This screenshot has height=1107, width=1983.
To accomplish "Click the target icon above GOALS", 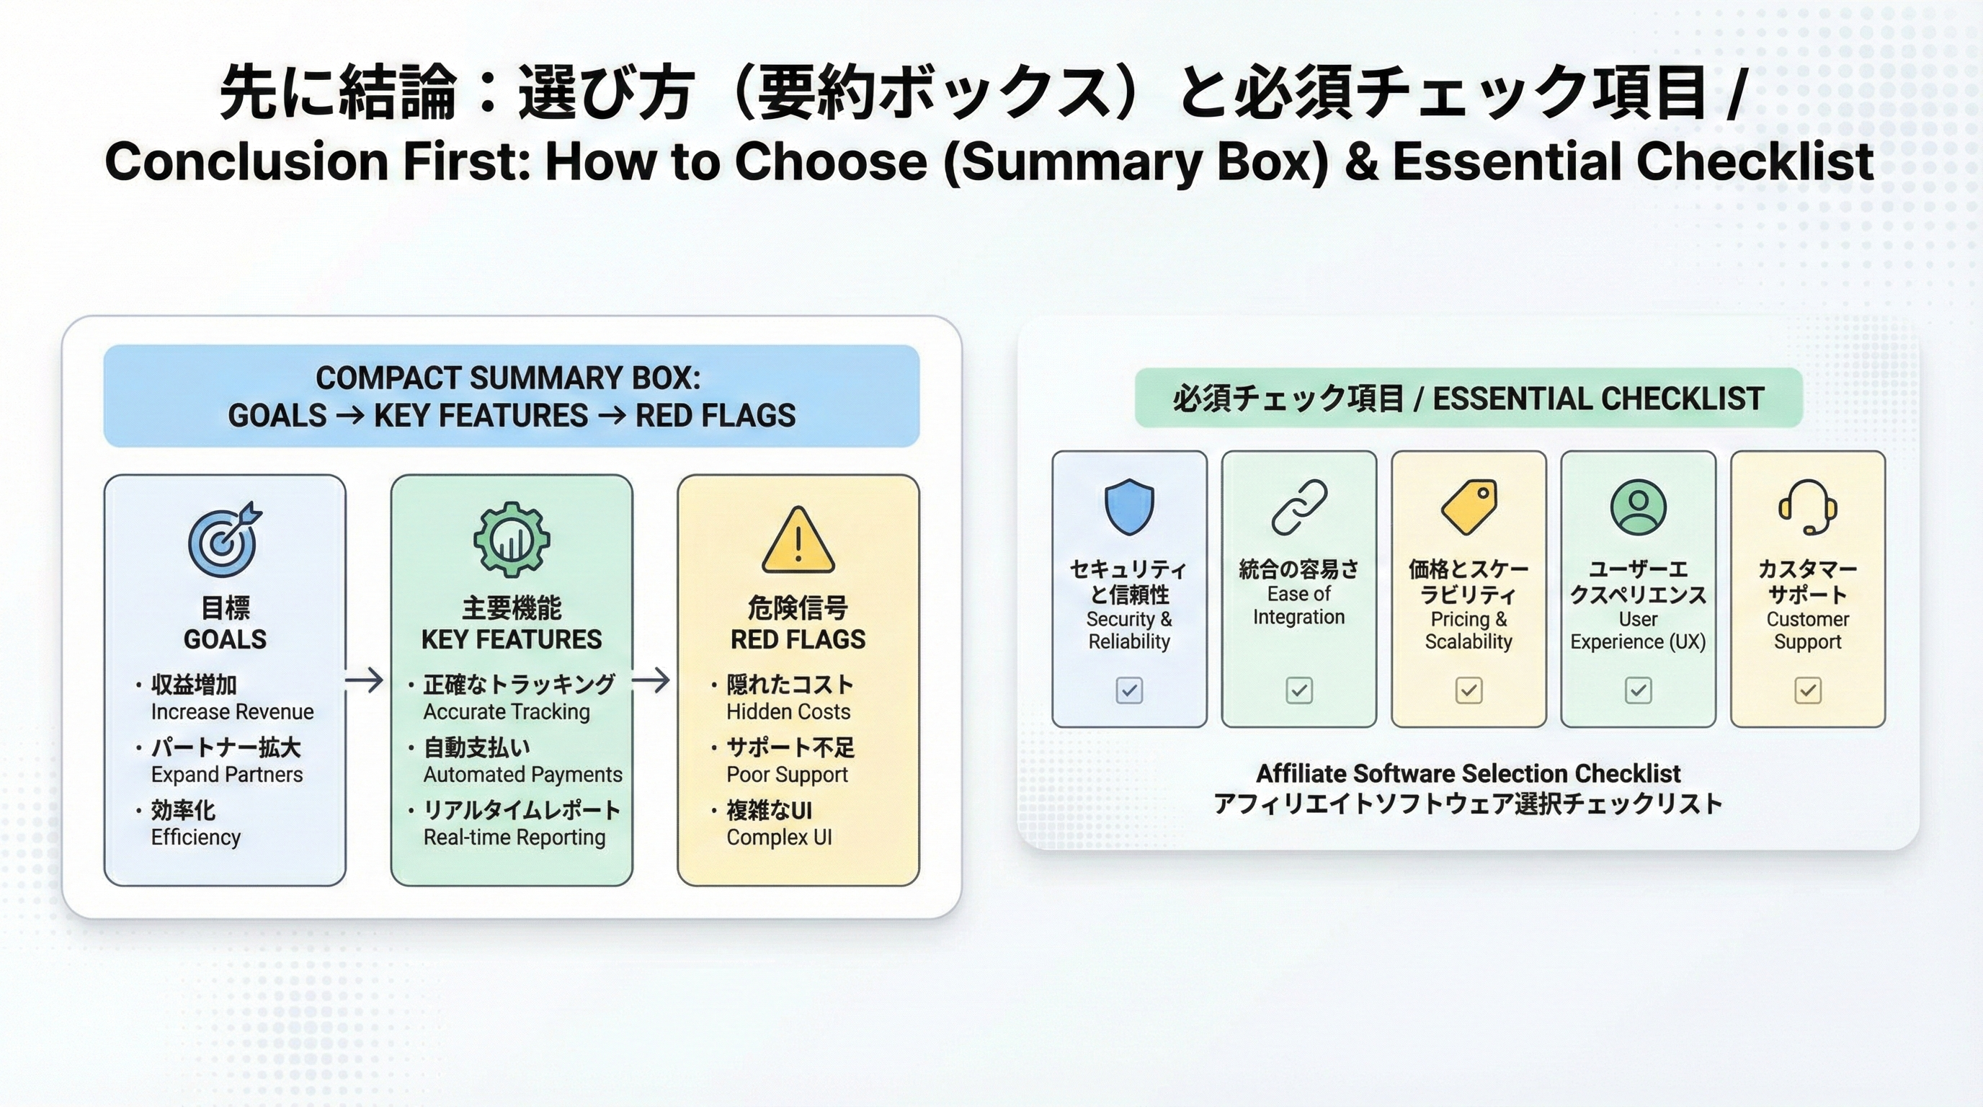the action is pos(224,541).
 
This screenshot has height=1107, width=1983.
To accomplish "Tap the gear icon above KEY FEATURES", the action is pos(511,540).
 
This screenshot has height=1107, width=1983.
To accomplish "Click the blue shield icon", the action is pos(1129,507).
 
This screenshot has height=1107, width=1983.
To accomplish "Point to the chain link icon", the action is pos(1298,507).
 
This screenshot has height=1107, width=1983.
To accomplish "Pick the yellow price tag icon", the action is pos(1469,507).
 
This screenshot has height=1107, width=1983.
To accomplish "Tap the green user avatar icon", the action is pos(1638,507).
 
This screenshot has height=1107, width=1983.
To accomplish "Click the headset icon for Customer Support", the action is pos(1807,507).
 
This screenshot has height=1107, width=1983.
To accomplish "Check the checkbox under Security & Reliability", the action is pos(1129,690).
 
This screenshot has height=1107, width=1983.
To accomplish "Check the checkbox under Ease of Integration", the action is pos(1298,690).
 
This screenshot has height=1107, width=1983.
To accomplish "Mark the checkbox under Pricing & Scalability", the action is pos(1469,690).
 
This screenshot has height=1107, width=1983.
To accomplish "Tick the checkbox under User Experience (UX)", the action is pos(1638,690).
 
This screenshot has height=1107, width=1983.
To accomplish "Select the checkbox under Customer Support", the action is pos(1807,690).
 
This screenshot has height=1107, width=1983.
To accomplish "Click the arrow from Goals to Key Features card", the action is pos(364,680).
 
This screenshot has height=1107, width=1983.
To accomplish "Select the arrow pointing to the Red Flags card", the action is pos(651,680).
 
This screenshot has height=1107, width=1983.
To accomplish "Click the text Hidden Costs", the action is pos(788,712).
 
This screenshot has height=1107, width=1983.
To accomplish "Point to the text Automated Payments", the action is pos(522,775).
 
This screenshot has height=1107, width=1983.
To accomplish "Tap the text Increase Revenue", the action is pos(233,712).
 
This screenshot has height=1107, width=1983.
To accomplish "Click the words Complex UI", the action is pos(779,837).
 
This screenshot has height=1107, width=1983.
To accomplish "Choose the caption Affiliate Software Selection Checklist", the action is pos(1468,773).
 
